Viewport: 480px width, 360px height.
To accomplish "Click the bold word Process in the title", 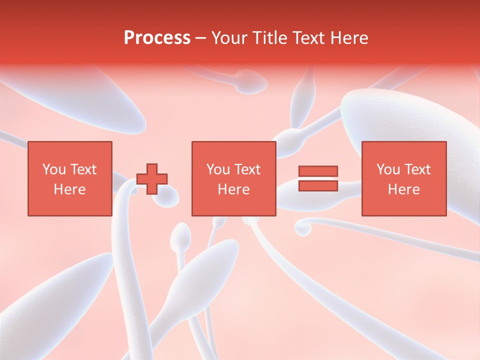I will (157, 38).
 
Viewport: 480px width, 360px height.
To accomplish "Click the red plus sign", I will (152, 179).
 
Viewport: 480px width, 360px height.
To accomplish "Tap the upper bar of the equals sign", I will (318, 171).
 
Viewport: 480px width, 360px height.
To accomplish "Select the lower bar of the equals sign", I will (318, 185).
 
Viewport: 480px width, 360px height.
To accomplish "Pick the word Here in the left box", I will (69, 189).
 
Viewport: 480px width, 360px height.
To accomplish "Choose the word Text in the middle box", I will (247, 169).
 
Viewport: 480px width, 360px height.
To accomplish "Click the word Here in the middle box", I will (233, 189).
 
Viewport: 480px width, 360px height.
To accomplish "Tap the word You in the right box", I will (388, 169).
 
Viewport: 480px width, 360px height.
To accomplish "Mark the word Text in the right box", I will (417, 169).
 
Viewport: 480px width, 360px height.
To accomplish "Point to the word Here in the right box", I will (403, 189).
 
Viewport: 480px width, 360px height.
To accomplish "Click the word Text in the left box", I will (83, 169).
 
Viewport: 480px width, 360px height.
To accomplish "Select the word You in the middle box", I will (218, 169).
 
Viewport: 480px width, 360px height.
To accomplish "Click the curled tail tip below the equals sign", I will (302, 227).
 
